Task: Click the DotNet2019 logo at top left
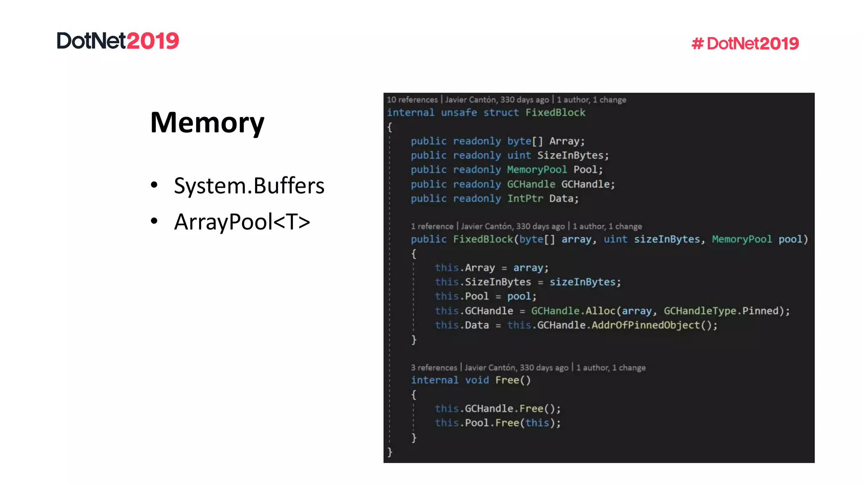[x=118, y=41]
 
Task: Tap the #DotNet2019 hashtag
[x=745, y=43]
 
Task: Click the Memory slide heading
[x=207, y=123]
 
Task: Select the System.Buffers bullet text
[x=249, y=186]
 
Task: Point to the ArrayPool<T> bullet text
[x=242, y=222]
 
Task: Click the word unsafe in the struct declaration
[x=459, y=112]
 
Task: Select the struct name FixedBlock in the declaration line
[x=555, y=112]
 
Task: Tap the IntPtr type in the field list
[x=525, y=198]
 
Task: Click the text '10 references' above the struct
[x=412, y=100]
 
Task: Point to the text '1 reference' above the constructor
[x=432, y=226]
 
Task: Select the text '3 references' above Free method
[x=434, y=368]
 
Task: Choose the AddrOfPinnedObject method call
[x=646, y=325]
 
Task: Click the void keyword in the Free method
[x=477, y=380]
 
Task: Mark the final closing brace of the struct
[x=390, y=452]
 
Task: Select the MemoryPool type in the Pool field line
[x=537, y=170]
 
